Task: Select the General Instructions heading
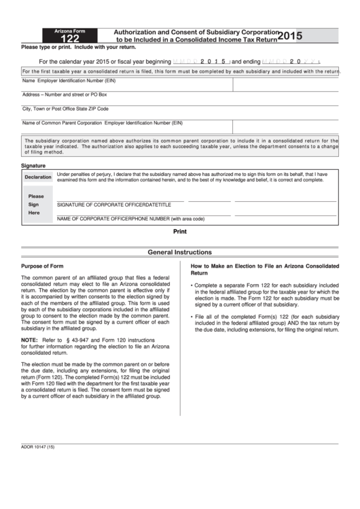pos(179,252)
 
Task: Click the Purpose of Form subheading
pos(42,266)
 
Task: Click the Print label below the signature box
pos(179,231)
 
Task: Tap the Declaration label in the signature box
pos(38,177)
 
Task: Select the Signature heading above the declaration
pos(33,165)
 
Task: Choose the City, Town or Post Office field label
pos(65,109)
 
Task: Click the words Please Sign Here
pos(35,204)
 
